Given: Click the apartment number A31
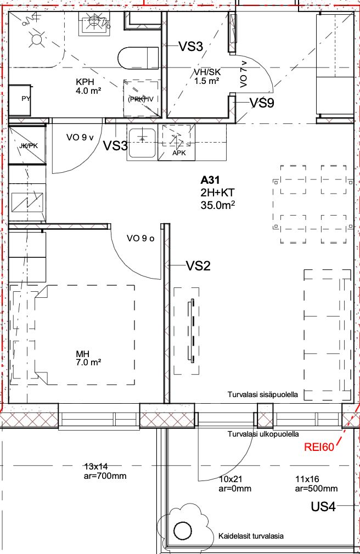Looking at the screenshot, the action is [x=210, y=180].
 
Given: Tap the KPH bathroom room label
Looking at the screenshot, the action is [x=85, y=82].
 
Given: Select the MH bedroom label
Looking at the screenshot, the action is [x=83, y=354].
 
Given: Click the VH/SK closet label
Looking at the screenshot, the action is [x=207, y=72].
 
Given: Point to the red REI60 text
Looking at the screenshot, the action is [x=319, y=447].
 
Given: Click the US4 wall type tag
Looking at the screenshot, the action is [x=323, y=507].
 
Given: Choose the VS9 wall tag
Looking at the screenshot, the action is [x=262, y=103].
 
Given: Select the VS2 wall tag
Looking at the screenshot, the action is [x=198, y=265].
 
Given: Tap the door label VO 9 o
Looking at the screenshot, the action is [x=140, y=239].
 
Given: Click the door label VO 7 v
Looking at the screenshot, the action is [x=244, y=74].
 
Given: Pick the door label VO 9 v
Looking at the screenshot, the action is [x=80, y=137].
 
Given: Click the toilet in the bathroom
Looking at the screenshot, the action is [x=138, y=58].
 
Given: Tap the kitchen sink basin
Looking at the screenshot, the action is [x=142, y=143].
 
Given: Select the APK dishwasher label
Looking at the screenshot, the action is [x=179, y=153].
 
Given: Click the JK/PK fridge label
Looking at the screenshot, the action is [x=29, y=145].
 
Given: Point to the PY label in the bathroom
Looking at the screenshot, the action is [x=26, y=99].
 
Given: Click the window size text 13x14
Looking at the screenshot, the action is [x=96, y=466].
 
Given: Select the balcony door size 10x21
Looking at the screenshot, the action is [x=230, y=479].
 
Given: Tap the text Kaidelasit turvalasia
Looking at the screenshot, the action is [x=251, y=536].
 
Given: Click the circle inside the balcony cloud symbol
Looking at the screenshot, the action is [x=183, y=530].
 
